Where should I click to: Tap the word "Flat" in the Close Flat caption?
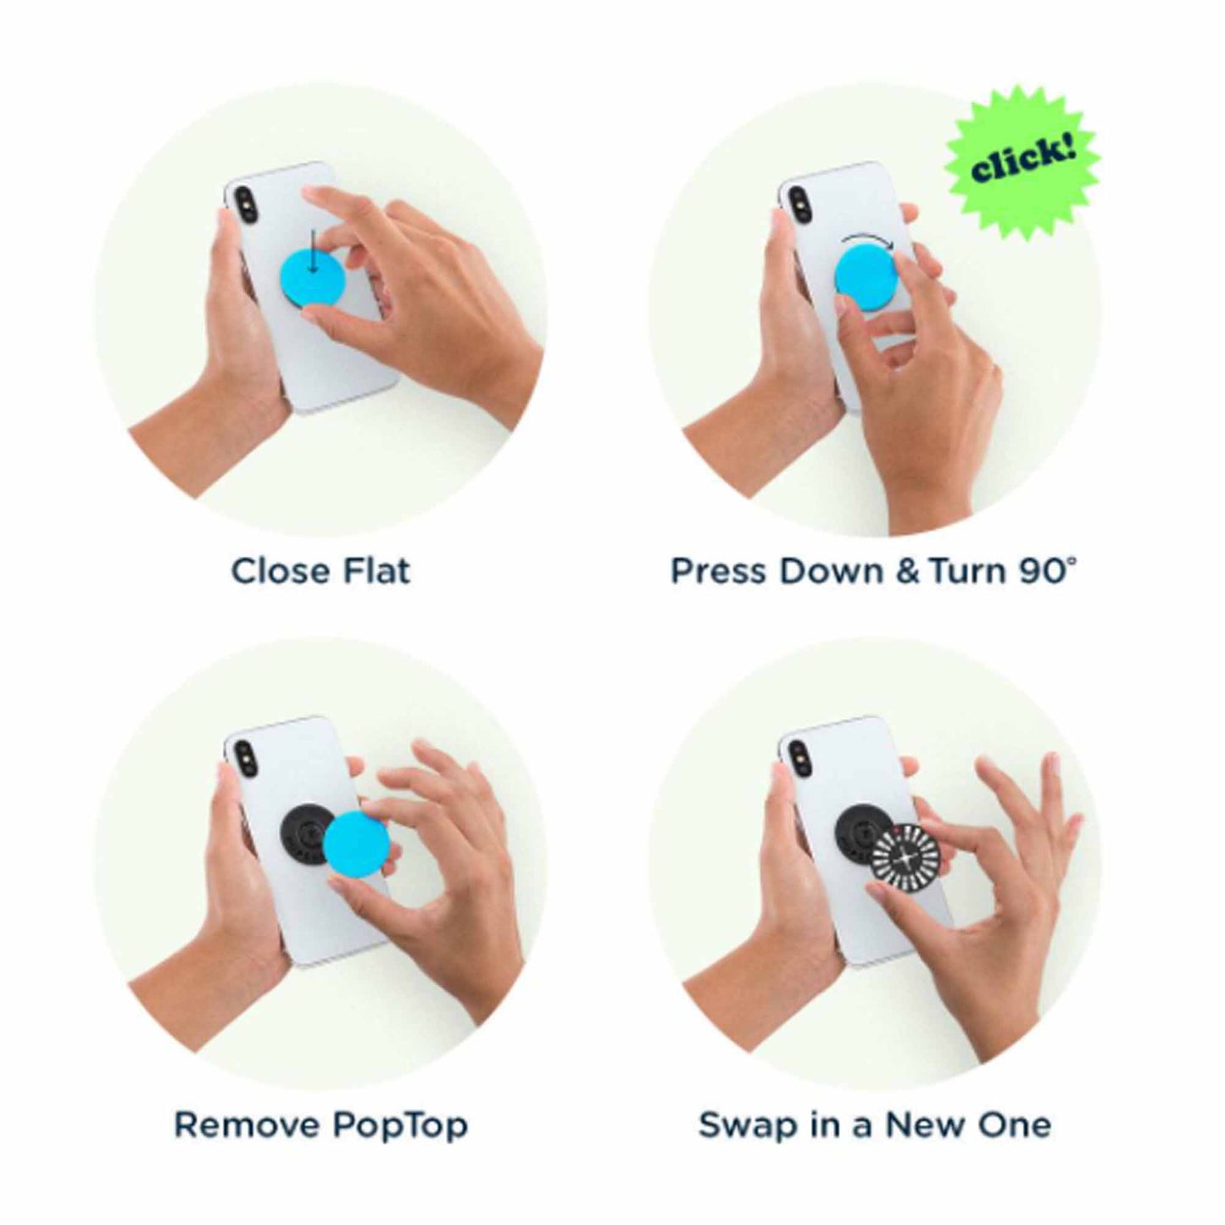pos(376,571)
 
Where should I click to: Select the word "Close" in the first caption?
pos(280,571)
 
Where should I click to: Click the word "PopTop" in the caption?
pos(399,1125)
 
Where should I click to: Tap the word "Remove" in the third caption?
pos(247,1125)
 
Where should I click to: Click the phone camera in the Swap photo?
pos(799,754)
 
